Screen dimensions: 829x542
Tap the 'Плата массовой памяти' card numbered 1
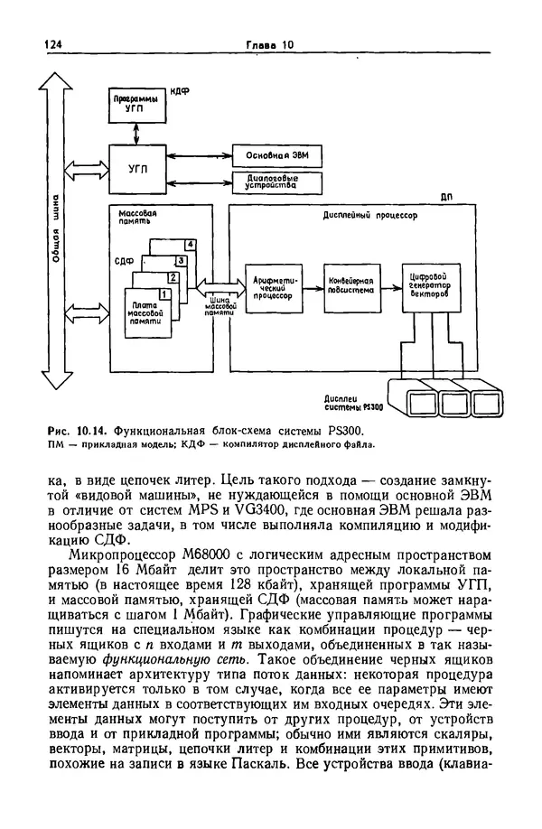coord(145,311)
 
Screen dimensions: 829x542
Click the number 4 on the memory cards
coord(190,245)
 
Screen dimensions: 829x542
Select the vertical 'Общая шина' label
coord(56,229)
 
